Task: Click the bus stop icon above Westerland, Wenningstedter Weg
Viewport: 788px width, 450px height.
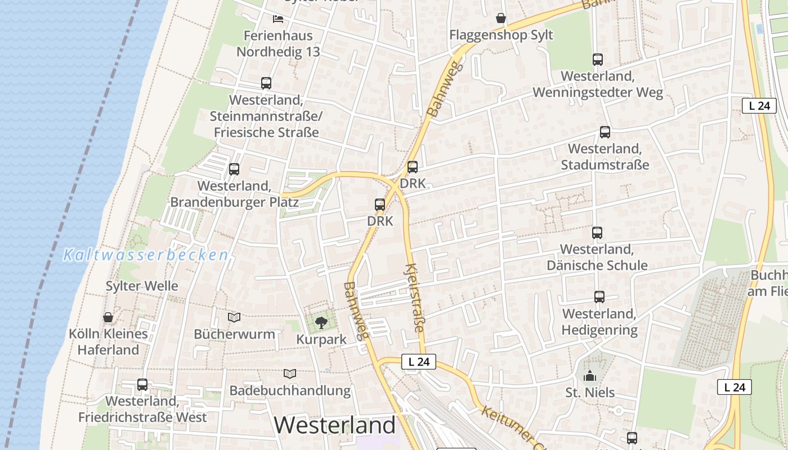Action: [597, 59]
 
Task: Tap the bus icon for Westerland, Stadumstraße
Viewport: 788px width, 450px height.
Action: [605, 132]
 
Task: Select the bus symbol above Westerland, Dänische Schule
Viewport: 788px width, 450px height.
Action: [597, 232]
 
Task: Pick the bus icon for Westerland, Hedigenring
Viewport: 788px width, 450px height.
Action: [599, 297]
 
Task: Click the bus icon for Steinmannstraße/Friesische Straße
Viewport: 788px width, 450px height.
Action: [266, 83]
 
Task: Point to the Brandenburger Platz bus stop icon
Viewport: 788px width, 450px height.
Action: [234, 169]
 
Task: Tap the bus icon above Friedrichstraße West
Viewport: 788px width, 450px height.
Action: [142, 385]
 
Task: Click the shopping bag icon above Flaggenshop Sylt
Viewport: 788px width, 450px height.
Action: [500, 19]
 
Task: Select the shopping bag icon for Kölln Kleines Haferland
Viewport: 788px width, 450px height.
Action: [108, 318]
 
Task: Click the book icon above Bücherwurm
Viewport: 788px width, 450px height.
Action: [234, 318]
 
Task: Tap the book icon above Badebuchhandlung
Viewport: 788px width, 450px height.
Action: [289, 374]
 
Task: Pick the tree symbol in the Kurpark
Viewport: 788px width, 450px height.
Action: [321, 323]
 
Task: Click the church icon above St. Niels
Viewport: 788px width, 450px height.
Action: [589, 376]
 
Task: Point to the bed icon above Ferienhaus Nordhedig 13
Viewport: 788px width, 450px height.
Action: [277, 19]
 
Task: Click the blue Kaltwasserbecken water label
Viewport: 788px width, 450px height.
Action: [146, 255]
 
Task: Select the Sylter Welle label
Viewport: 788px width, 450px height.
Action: [142, 286]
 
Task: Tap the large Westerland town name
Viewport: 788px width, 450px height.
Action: [335, 425]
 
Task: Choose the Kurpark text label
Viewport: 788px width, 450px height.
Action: [321, 339]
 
